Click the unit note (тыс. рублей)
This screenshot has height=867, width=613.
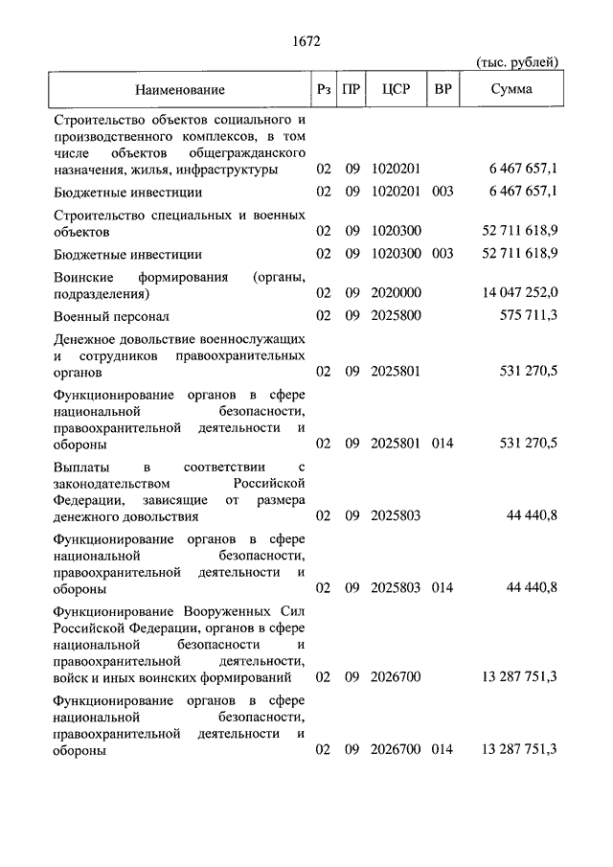[517, 62]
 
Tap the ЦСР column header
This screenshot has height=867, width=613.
[395, 90]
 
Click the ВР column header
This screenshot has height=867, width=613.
[443, 90]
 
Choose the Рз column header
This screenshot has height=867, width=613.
[324, 90]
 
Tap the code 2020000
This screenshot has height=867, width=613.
[396, 292]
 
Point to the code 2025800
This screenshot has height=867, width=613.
[396, 315]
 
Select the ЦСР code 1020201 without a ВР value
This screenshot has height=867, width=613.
[396, 170]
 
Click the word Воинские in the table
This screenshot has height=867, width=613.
[80, 277]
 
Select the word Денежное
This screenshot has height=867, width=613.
[82, 339]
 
